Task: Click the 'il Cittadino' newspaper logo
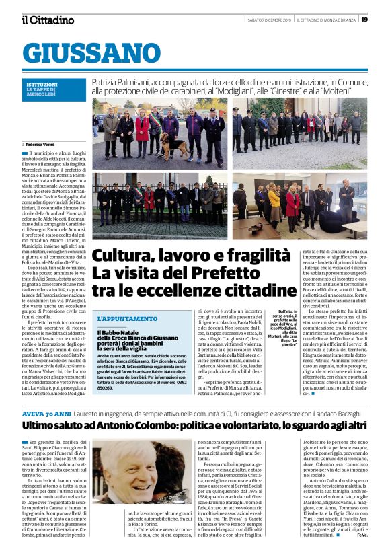pos(48,20)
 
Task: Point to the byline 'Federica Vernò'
pos(42,144)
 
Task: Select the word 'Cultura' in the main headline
pos(126,256)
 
